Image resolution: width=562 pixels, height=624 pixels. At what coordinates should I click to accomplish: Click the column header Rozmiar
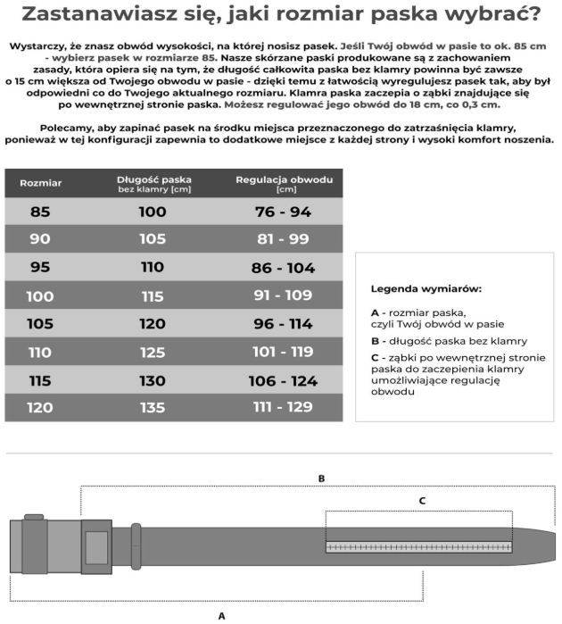[40, 182]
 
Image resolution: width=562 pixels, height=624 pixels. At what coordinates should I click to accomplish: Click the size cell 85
[40, 212]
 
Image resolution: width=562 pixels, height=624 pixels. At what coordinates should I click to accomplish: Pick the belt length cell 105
[153, 239]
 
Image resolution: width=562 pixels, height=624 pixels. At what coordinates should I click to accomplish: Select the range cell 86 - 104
[283, 267]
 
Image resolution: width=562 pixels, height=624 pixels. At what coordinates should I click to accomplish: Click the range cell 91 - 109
[283, 295]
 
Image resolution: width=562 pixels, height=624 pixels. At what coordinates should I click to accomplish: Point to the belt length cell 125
[153, 352]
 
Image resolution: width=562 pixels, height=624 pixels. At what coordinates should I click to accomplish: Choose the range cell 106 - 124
[283, 380]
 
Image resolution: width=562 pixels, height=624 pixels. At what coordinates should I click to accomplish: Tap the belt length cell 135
[153, 408]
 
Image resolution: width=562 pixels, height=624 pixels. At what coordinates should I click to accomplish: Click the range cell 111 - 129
[283, 408]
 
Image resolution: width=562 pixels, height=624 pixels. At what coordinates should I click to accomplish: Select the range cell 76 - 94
[283, 212]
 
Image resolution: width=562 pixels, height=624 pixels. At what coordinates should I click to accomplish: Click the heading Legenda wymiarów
[426, 289]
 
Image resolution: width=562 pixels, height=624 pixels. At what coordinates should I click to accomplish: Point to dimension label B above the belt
[321, 478]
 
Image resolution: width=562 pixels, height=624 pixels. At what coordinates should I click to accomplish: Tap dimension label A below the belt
[221, 615]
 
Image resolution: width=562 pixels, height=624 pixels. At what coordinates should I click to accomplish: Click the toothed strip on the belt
[419, 546]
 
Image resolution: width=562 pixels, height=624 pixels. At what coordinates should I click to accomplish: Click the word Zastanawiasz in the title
[93, 14]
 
